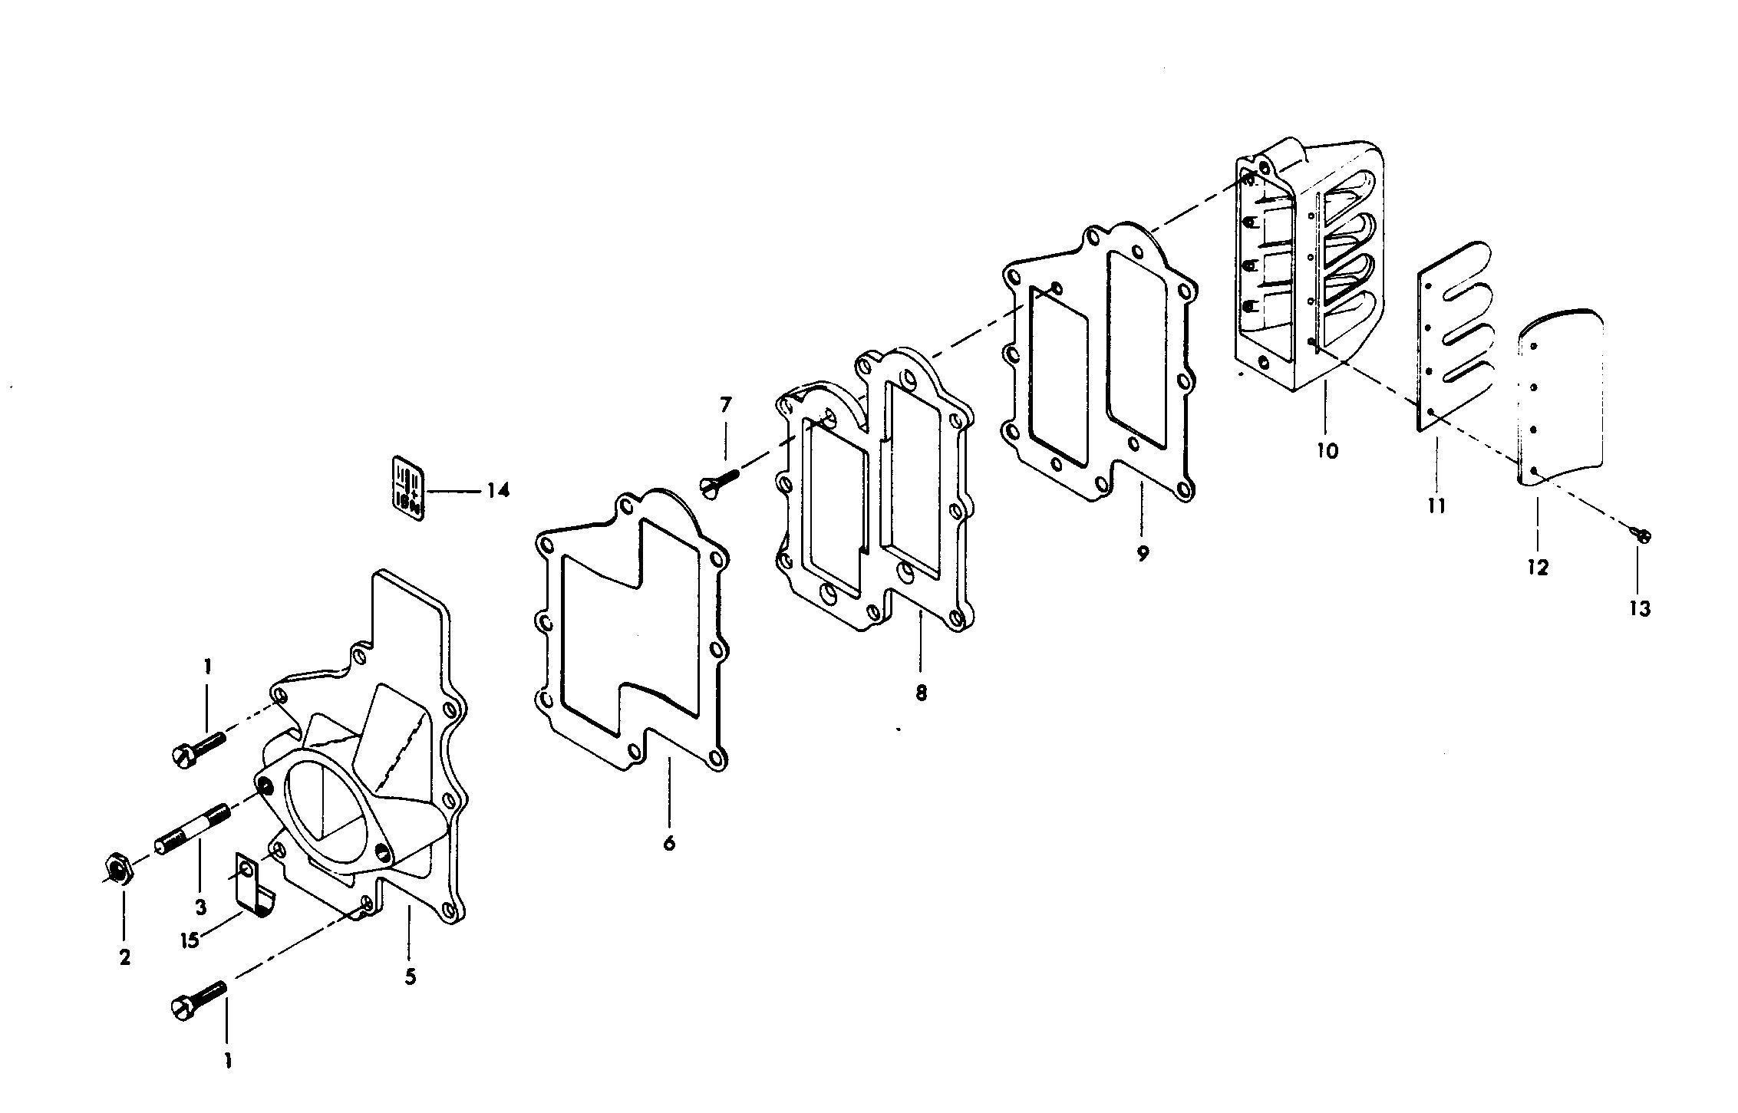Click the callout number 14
pos(498,490)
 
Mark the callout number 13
pos(1639,608)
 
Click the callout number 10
pos(1327,450)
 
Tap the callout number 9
pos(1143,554)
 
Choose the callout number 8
pos(921,693)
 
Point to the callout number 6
pos(669,843)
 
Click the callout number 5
pos(411,976)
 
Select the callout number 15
pos(190,940)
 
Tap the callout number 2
pos(124,957)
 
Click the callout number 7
pos(725,404)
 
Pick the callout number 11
pos(1436,505)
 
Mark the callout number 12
pos(1538,568)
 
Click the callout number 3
pos(200,907)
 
